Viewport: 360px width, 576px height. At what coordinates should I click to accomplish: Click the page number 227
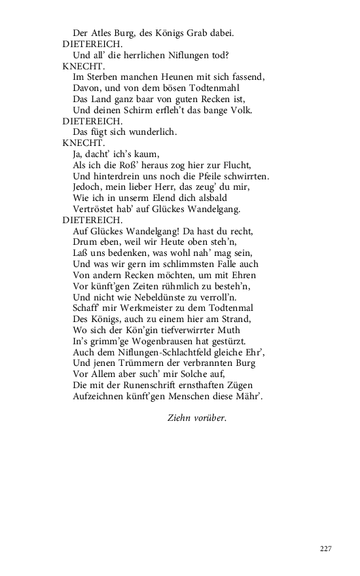[325, 549]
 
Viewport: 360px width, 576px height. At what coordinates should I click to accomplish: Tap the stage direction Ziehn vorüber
[197, 417]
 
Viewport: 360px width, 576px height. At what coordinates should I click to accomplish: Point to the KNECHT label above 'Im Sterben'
[79, 65]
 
